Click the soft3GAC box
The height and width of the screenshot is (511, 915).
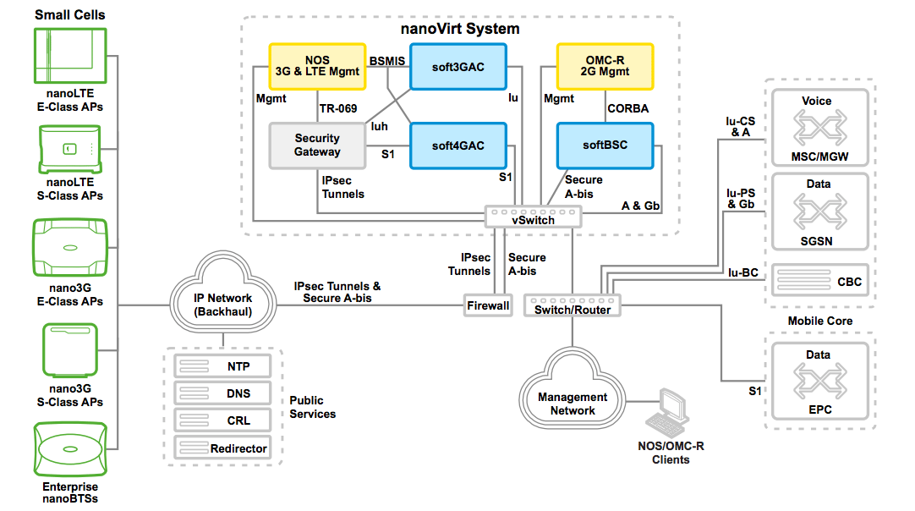pyautogui.click(x=458, y=67)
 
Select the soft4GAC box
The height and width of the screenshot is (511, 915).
pyautogui.click(x=458, y=146)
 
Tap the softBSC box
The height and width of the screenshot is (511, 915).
pyautogui.click(x=605, y=146)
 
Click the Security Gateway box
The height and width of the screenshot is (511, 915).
pyautogui.click(x=317, y=146)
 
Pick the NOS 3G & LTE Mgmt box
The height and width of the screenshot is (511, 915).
pyautogui.click(x=317, y=67)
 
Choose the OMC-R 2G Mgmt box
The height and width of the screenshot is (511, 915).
pyautogui.click(x=605, y=67)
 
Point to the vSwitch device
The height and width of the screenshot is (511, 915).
pyautogui.click(x=533, y=216)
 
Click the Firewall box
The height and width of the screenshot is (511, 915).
pyautogui.click(x=488, y=305)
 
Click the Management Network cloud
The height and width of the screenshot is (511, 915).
pyautogui.click(x=573, y=403)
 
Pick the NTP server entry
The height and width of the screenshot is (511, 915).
pyautogui.click(x=223, y=366)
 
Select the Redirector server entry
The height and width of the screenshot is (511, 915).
pyautogui.click(x=223, y=448)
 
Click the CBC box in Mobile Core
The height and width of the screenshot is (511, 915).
pyautogui.click(x=818, y=281)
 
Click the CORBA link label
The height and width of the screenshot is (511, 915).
pyautogui.click(x=627, y=108)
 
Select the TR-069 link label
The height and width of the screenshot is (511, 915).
pyautogui.click(x=338, y=108)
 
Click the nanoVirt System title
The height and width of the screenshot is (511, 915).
pyautogui.click(x=460, y=29)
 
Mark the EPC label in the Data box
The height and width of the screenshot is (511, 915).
pyautogui.click(x=819, y=409)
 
